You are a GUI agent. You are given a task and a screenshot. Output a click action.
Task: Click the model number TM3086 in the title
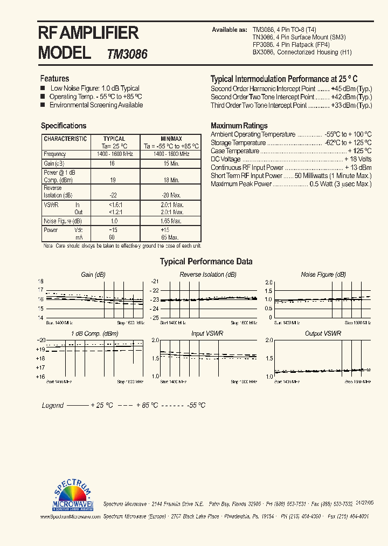(x=127, y=54)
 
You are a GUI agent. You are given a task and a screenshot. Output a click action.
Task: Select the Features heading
(x=54, y=79)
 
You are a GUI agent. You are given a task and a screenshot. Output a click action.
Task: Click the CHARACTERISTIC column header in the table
(x=65, y=139)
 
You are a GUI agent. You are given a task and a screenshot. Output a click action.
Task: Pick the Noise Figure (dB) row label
(x=63, y=221)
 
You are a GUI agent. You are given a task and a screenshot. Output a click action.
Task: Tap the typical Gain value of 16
(x=112, y=163)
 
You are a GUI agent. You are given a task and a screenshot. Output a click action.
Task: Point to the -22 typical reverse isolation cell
(x=113, y=195)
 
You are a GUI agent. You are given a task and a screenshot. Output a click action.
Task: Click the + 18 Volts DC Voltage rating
(x=358, y=160)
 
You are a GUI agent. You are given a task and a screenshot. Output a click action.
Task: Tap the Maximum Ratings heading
(x=239, y=126)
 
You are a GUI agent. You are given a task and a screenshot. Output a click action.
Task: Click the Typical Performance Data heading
(x=206, y=262)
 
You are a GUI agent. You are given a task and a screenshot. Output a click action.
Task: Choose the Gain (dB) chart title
(x=93, y=275)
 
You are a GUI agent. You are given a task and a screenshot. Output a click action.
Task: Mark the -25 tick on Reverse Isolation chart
(x=155, y=318)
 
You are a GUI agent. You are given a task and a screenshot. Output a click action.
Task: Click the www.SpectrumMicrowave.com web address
(x=70, y=516)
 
